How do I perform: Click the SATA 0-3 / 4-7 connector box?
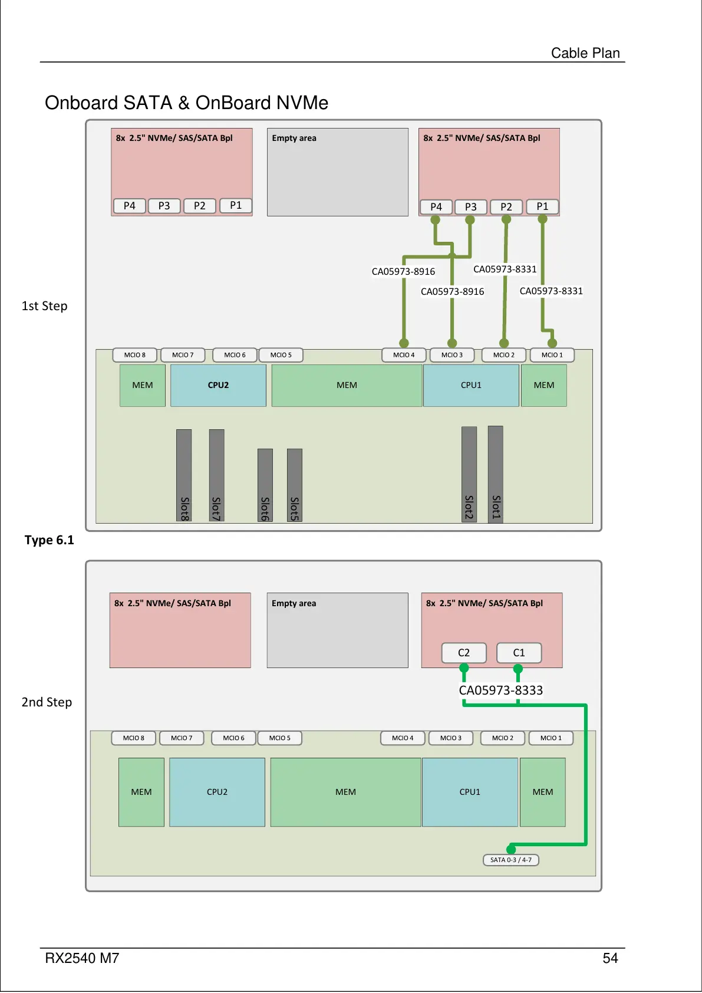pyautogui.click(x=510, y=860)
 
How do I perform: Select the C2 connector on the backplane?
pyautogui.click(x=464, y=653)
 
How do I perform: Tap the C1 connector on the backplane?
pyautogui.click(x=519, y=653)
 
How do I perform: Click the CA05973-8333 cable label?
pyautogui.click(x=500, y=690)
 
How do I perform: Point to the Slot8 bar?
pyautogui.click(x=184, y=475)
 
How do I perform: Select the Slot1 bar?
pyautogui.click(x=496, y=474)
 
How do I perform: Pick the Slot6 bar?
pyautogui.click(x=265, y=485)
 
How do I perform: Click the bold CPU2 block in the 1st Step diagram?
pyautogui.click(x=218, y=385)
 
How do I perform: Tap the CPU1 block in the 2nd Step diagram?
pyautogui.click(x=470, y=792)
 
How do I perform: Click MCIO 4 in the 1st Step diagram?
pyautogui.click(x=404, y=355)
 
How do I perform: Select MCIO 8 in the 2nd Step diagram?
pyautogui.click(x=133, y=738)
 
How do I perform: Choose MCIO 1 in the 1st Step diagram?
pyautogui.click(x=552, y=355)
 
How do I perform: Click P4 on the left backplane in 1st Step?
pyautogui.click(x=129, y=206)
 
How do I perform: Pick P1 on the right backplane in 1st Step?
pyautogui.click(x=542, y=206)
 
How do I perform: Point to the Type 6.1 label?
pyautogui.click(x=50, y=540)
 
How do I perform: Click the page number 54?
pyautogui.click(x=610, y=958)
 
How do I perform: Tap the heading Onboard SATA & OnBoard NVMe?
pyautogui.click(x=186, y=103)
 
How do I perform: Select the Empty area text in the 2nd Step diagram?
pyautogui.click(x=294, y=603)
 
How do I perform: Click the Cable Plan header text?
pyautogui.click(x=585, y=53)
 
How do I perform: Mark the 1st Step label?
pyautogui.click(x=45, y=306)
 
